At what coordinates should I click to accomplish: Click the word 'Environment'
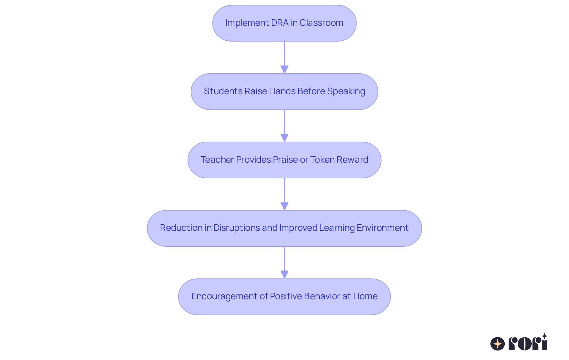pos(383,228)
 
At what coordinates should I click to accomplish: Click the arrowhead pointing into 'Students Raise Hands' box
pos(284,70)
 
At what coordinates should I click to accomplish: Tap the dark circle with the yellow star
pos(497,344)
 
